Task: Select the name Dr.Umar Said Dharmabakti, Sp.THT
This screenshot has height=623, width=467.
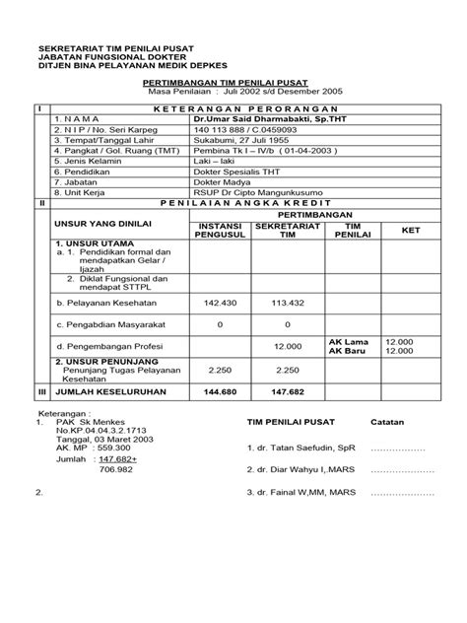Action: pyautogui.click(x=259, y=117)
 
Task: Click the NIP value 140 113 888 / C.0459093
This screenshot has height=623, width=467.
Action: pyautogui.click(x=240, y=128)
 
